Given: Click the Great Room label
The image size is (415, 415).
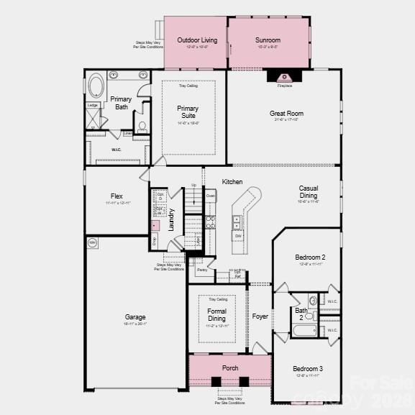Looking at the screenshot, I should (286, 114).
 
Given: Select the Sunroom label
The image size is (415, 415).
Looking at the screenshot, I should (268, 40).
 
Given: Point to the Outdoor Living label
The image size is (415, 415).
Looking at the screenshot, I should (197, 40).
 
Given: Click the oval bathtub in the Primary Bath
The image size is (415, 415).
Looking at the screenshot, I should (96, 88).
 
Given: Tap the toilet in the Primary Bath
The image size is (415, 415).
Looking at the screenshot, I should (142, 127).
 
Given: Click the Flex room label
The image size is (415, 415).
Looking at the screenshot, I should (117, 196).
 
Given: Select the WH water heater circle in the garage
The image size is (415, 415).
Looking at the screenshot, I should (92, 243).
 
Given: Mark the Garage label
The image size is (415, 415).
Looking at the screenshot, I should (135, 317).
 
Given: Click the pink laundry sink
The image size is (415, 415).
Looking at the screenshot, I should (155, 225).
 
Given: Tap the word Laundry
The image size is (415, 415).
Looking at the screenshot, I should (171, 219).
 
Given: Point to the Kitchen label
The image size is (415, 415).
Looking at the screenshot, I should (232, 181).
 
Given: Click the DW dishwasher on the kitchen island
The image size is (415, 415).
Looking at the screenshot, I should (237, 236).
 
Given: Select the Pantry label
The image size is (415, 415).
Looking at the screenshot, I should (202, 270).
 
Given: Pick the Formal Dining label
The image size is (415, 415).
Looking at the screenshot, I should (216, 315).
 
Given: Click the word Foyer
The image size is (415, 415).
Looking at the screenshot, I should (260, 316).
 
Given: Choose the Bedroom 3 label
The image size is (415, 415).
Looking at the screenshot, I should (308, 369).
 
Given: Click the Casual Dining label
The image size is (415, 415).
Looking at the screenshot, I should (309, 192).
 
